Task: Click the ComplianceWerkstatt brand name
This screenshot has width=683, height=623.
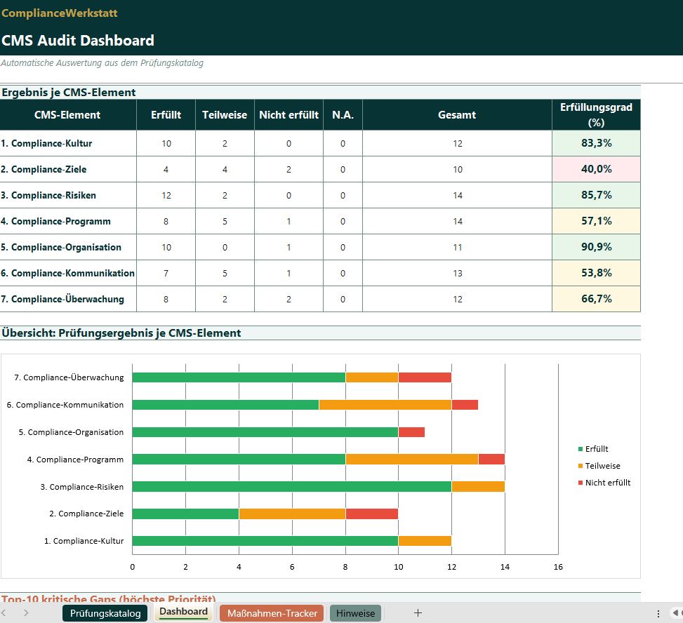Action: [x=60, y=13]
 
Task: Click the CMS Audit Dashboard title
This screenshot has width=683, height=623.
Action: [x=78, y=41]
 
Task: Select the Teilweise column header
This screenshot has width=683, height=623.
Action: [x=225, y=115]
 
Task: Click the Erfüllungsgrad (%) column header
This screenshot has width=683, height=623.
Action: [x=596, y=114]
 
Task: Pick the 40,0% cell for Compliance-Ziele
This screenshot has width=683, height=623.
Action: [x=596, y=169]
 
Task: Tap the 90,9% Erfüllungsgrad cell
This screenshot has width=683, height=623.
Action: [x=596, y=247]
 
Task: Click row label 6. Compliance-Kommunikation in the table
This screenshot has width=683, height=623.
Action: [x=67, y=273]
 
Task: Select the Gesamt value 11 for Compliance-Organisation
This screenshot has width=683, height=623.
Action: [x=457, y=247]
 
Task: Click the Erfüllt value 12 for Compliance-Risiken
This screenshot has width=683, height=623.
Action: [x=166, y=195]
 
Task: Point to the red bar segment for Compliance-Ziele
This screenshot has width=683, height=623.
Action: [x=371, y=514]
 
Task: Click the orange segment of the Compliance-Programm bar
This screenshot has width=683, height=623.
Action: [x=411, y=460]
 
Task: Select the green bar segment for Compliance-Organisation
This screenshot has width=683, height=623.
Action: [x=265, y=432]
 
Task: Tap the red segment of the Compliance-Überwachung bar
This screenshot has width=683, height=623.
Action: [x=424, y=377]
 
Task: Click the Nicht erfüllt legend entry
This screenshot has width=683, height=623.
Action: [x=607, y=483]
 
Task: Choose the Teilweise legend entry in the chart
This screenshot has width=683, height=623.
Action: [x=602, y=466]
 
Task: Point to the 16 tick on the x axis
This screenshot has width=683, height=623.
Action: [x=557, y=567]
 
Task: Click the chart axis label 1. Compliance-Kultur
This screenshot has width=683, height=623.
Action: [x=84, y=541]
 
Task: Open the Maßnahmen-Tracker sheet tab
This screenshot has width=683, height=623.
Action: [x=272, y=613]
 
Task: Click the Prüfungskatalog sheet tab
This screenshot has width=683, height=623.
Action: [x=105, y=613]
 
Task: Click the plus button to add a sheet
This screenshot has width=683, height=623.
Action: [x=418, y=613]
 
